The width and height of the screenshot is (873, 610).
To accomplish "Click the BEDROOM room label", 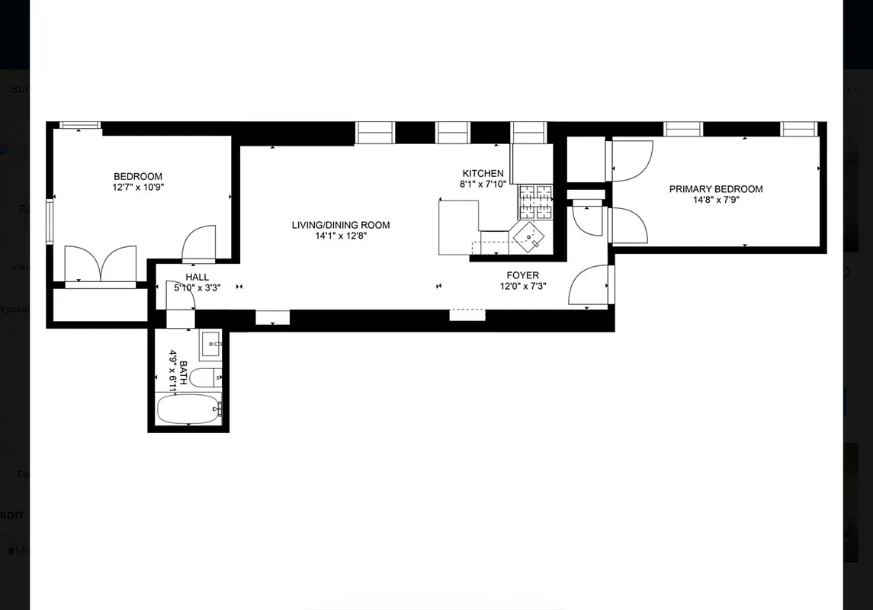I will click(138, 176).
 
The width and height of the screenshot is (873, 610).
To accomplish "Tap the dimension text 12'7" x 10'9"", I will click(138, 187).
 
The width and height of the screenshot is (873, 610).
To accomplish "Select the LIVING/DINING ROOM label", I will click(341, 225).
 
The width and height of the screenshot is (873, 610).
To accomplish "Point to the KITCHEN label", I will click(483, 173).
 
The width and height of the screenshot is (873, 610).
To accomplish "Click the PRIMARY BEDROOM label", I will click(716, 189).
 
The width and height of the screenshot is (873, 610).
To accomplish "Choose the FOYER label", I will click(523, 275).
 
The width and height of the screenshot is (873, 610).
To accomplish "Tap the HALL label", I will click(197, 278).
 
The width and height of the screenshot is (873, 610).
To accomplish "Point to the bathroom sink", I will click(210, 345).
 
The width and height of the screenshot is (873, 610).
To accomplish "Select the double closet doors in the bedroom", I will click(101, 265).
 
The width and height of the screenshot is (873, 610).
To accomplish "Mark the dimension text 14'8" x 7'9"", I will click(716, 201).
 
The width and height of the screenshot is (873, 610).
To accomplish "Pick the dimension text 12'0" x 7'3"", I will click(523, 287).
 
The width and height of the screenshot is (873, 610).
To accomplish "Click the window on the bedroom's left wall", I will click(50, 222).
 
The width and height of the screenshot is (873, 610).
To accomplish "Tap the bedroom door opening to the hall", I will click(199, 243).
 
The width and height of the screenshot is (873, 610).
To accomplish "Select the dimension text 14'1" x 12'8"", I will click(341, 236).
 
